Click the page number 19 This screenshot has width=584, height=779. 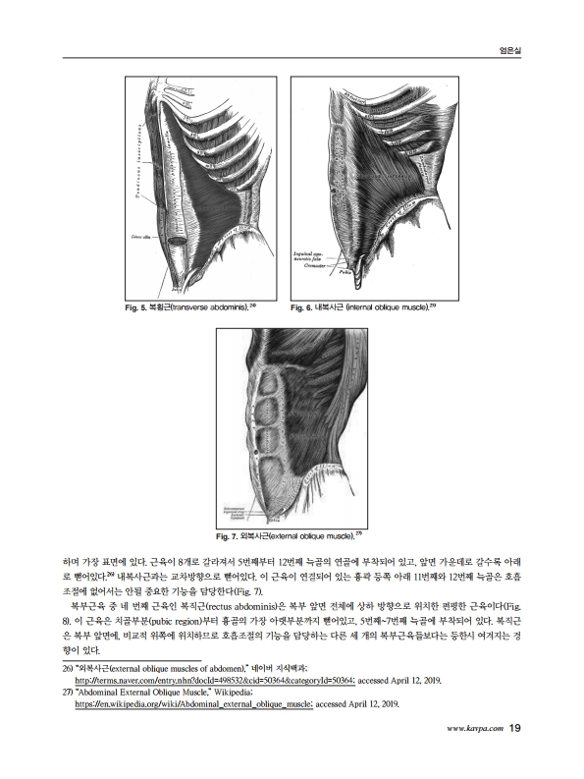(x=515, y=728)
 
